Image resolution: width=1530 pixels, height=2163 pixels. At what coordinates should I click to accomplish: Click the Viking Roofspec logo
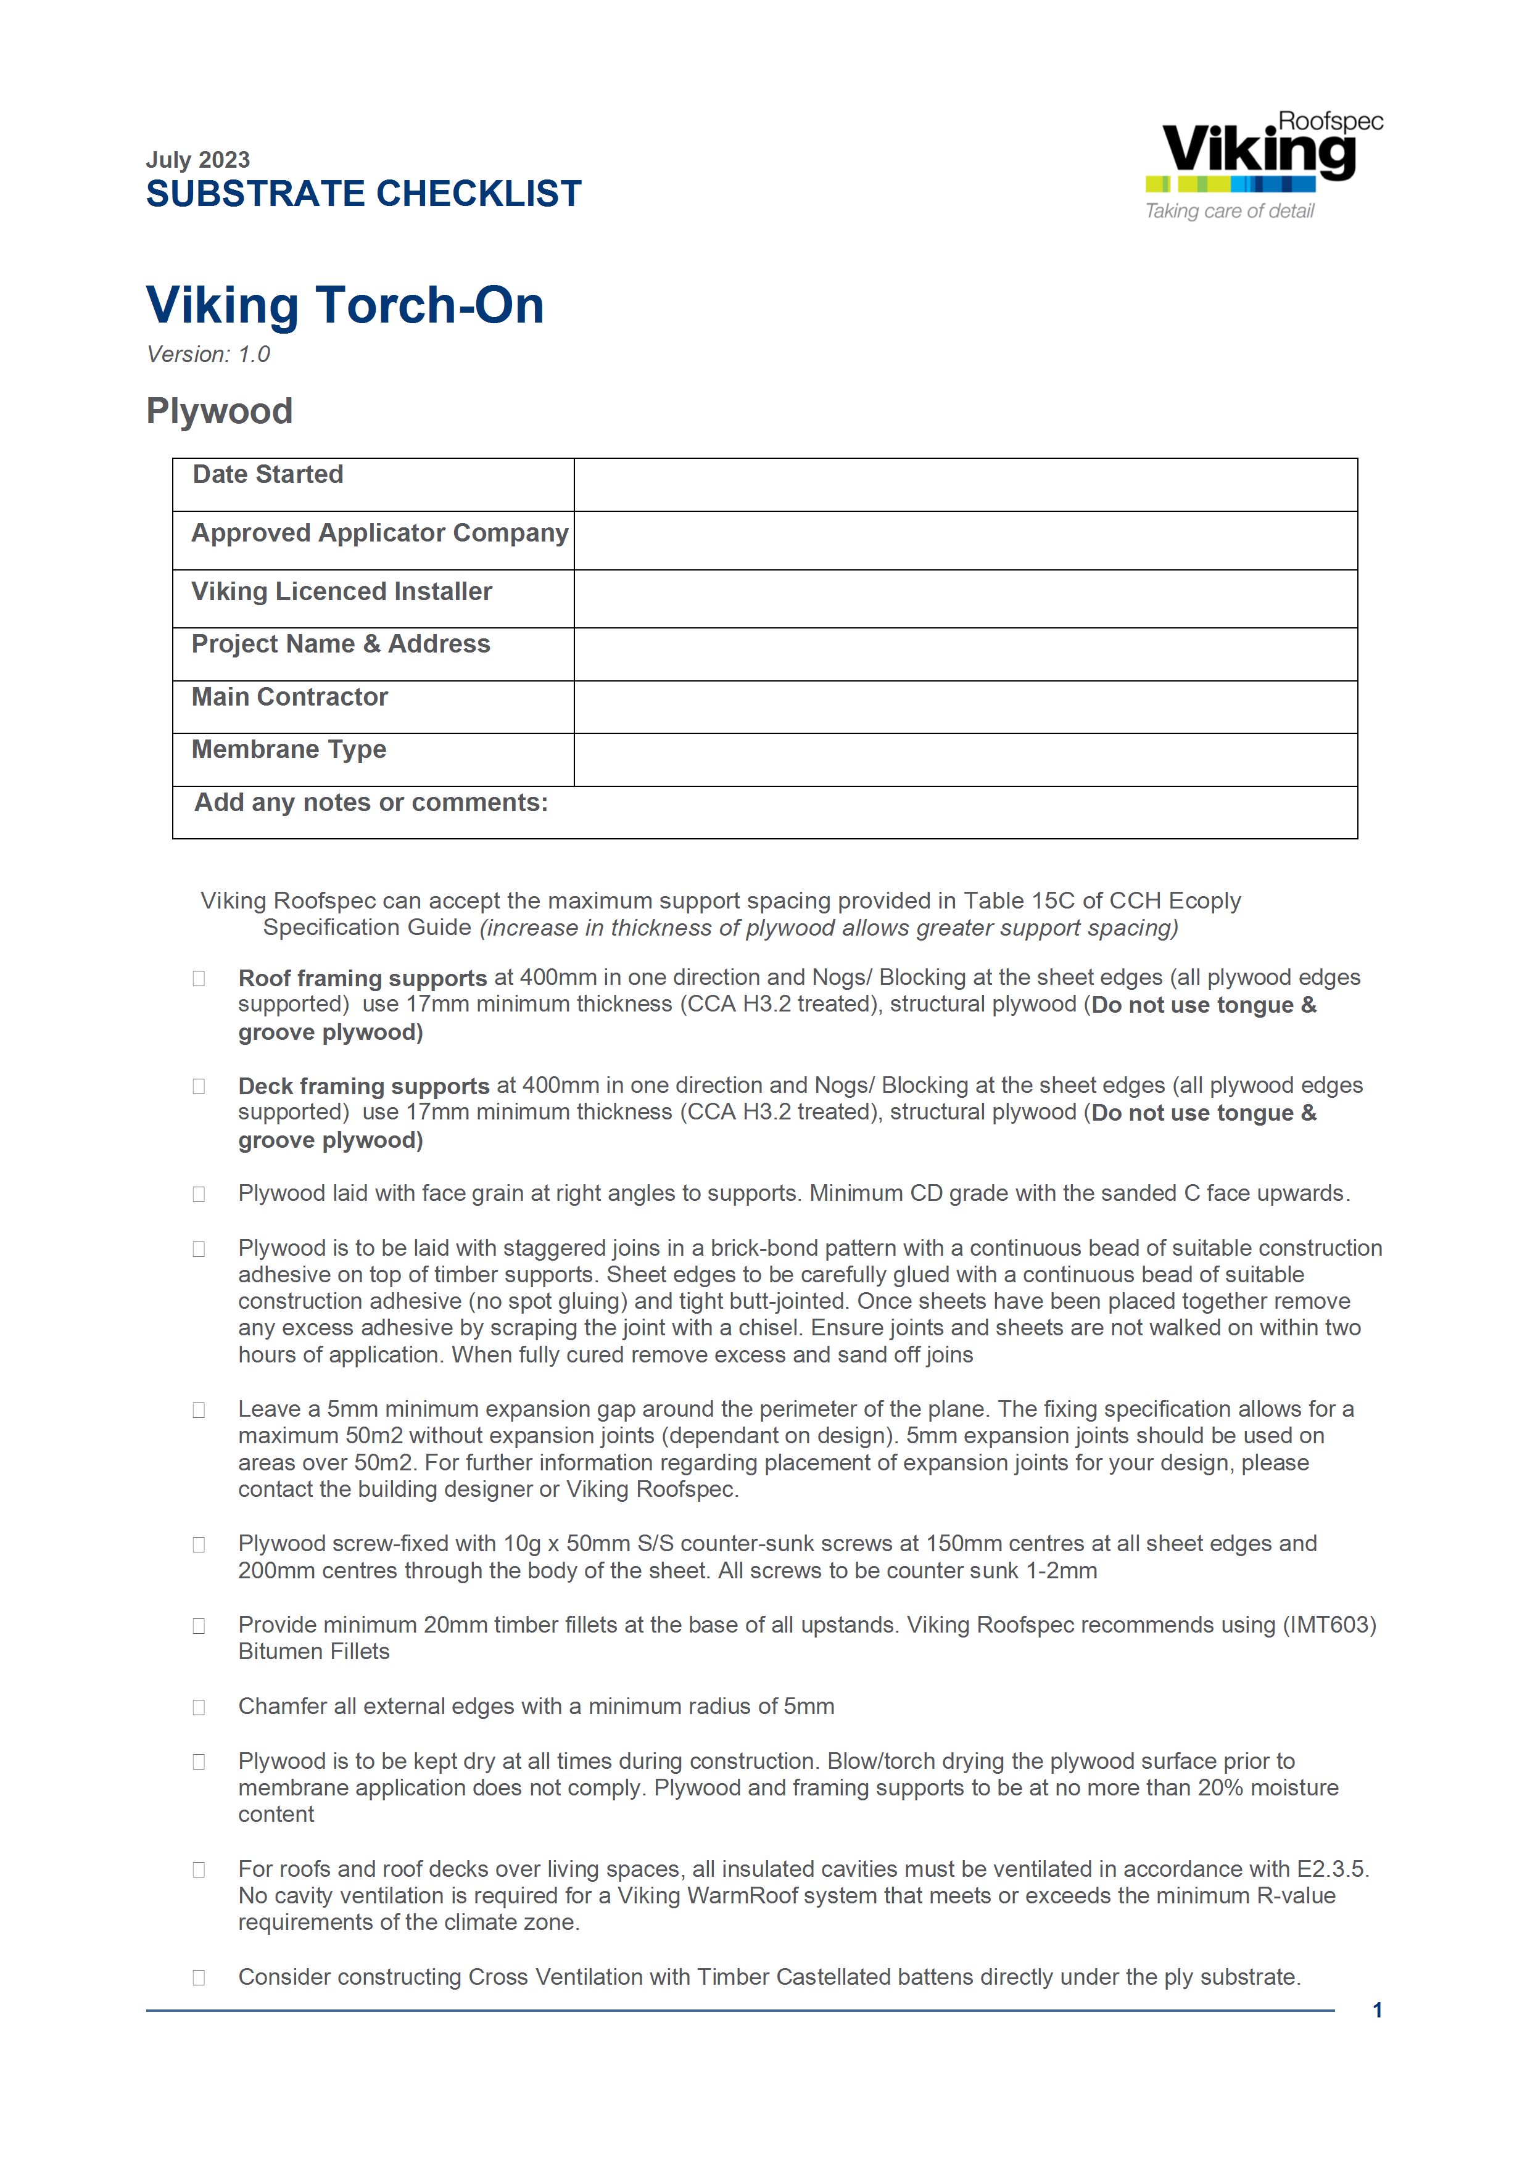1262,165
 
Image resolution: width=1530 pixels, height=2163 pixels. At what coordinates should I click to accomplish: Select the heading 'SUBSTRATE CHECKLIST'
363,194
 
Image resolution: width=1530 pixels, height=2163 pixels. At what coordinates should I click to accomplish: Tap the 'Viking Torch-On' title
345,305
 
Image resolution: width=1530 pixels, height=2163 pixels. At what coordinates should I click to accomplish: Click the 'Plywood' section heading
220,411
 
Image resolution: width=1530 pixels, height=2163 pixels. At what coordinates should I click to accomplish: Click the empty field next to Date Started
965,485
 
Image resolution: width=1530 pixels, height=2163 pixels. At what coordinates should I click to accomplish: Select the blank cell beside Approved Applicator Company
965,541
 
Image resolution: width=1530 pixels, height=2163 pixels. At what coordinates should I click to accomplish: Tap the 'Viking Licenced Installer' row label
342,591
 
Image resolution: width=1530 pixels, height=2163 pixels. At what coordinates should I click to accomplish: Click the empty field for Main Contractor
965,707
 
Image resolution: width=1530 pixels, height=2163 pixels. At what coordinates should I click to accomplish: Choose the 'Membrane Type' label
289,750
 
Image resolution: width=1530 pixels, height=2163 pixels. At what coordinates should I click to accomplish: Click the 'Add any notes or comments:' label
371,802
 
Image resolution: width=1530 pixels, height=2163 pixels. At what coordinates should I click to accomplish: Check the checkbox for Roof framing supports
199,979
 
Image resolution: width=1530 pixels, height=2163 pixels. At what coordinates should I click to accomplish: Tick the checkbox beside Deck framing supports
199,1086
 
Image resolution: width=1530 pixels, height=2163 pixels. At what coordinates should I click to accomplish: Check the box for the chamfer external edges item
199,1707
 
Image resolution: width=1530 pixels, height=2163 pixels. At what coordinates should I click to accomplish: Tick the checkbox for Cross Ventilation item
199,1977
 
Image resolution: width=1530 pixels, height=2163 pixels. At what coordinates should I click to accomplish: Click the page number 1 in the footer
1378,2011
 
